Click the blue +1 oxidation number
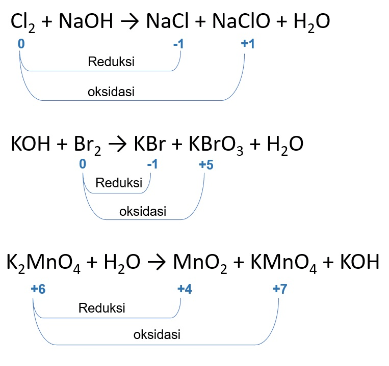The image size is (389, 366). tap(248, 45)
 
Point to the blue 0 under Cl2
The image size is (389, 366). tap(21, 45)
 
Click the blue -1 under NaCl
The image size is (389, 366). tap(179, 45)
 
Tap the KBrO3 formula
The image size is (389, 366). tap(213, 145)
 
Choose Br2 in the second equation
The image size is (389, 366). tap(88, 145)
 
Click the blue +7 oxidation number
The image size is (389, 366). tap(280, 289)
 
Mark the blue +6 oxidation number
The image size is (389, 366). tap(38, 289)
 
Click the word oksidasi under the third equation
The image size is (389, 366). tap(157, 335)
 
